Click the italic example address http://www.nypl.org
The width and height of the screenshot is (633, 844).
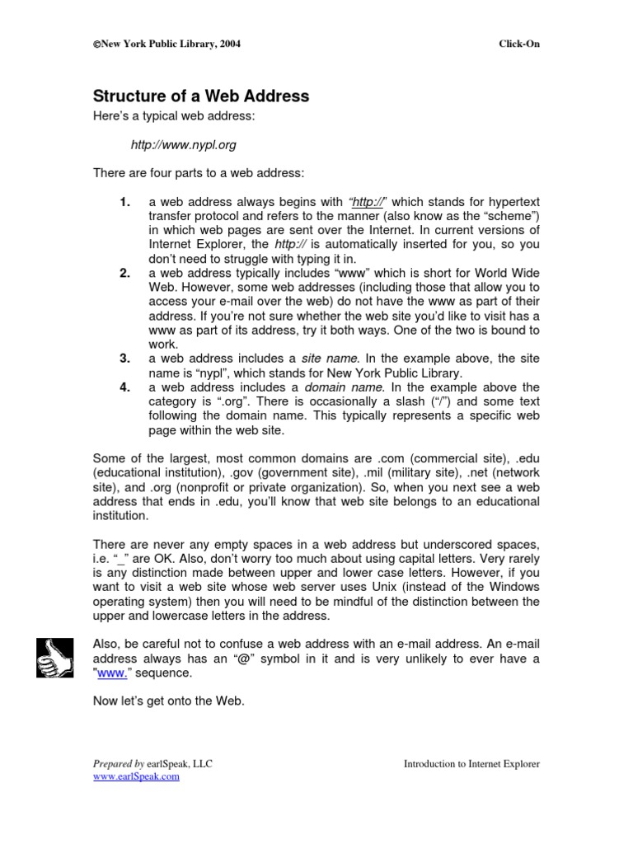(x=183, y=145)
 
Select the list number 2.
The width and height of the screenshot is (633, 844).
(x=125, y=274)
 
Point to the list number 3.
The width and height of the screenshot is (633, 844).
(x=125, y=359)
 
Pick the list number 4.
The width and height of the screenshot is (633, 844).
(x=125, y=387)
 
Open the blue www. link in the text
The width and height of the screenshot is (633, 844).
(x=114, y=673)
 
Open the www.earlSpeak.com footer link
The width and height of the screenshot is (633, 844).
(x=136, y=776)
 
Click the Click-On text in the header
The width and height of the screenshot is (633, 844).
(x=519, y=44)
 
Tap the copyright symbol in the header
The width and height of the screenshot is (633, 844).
(x=96, y=45)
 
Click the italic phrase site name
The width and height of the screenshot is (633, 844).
(x=330, y=359)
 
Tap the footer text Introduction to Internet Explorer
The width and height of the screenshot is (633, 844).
(x=471, y=764)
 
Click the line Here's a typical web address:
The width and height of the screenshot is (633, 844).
(x=174, y=116)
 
